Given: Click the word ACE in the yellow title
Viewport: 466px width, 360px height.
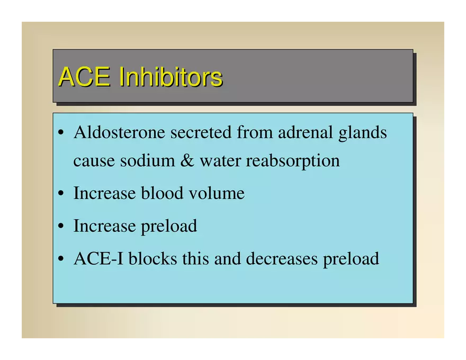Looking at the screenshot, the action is point(84,77).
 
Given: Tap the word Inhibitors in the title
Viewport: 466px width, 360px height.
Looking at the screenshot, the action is point(171,76).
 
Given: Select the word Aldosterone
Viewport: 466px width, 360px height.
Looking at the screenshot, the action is point(119,132).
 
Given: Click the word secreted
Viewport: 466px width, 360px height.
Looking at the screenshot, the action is point(201,132).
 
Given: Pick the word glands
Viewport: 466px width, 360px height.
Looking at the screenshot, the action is point(363,133).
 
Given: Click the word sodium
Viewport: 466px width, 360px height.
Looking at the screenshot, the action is point(147,160).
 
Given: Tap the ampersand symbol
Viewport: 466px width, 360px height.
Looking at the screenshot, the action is point(187,160).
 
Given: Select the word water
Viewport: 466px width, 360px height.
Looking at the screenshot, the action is point(220,161).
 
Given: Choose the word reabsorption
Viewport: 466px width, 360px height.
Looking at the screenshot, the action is point(293,161).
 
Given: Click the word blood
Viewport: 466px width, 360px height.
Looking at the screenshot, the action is point(162,193).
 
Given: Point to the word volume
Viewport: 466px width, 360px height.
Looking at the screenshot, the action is point(217,193).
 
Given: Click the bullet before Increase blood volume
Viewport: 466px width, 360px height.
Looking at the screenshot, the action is point(61,194).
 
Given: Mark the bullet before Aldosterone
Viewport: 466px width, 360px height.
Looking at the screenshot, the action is point(61,133).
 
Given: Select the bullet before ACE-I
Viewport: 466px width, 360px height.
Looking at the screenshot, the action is point(61,259).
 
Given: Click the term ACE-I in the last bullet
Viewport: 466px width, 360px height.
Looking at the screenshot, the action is point(98,258).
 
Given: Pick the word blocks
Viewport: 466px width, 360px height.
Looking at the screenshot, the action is point(153,258).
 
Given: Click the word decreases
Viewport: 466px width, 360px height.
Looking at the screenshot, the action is point(282,258).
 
